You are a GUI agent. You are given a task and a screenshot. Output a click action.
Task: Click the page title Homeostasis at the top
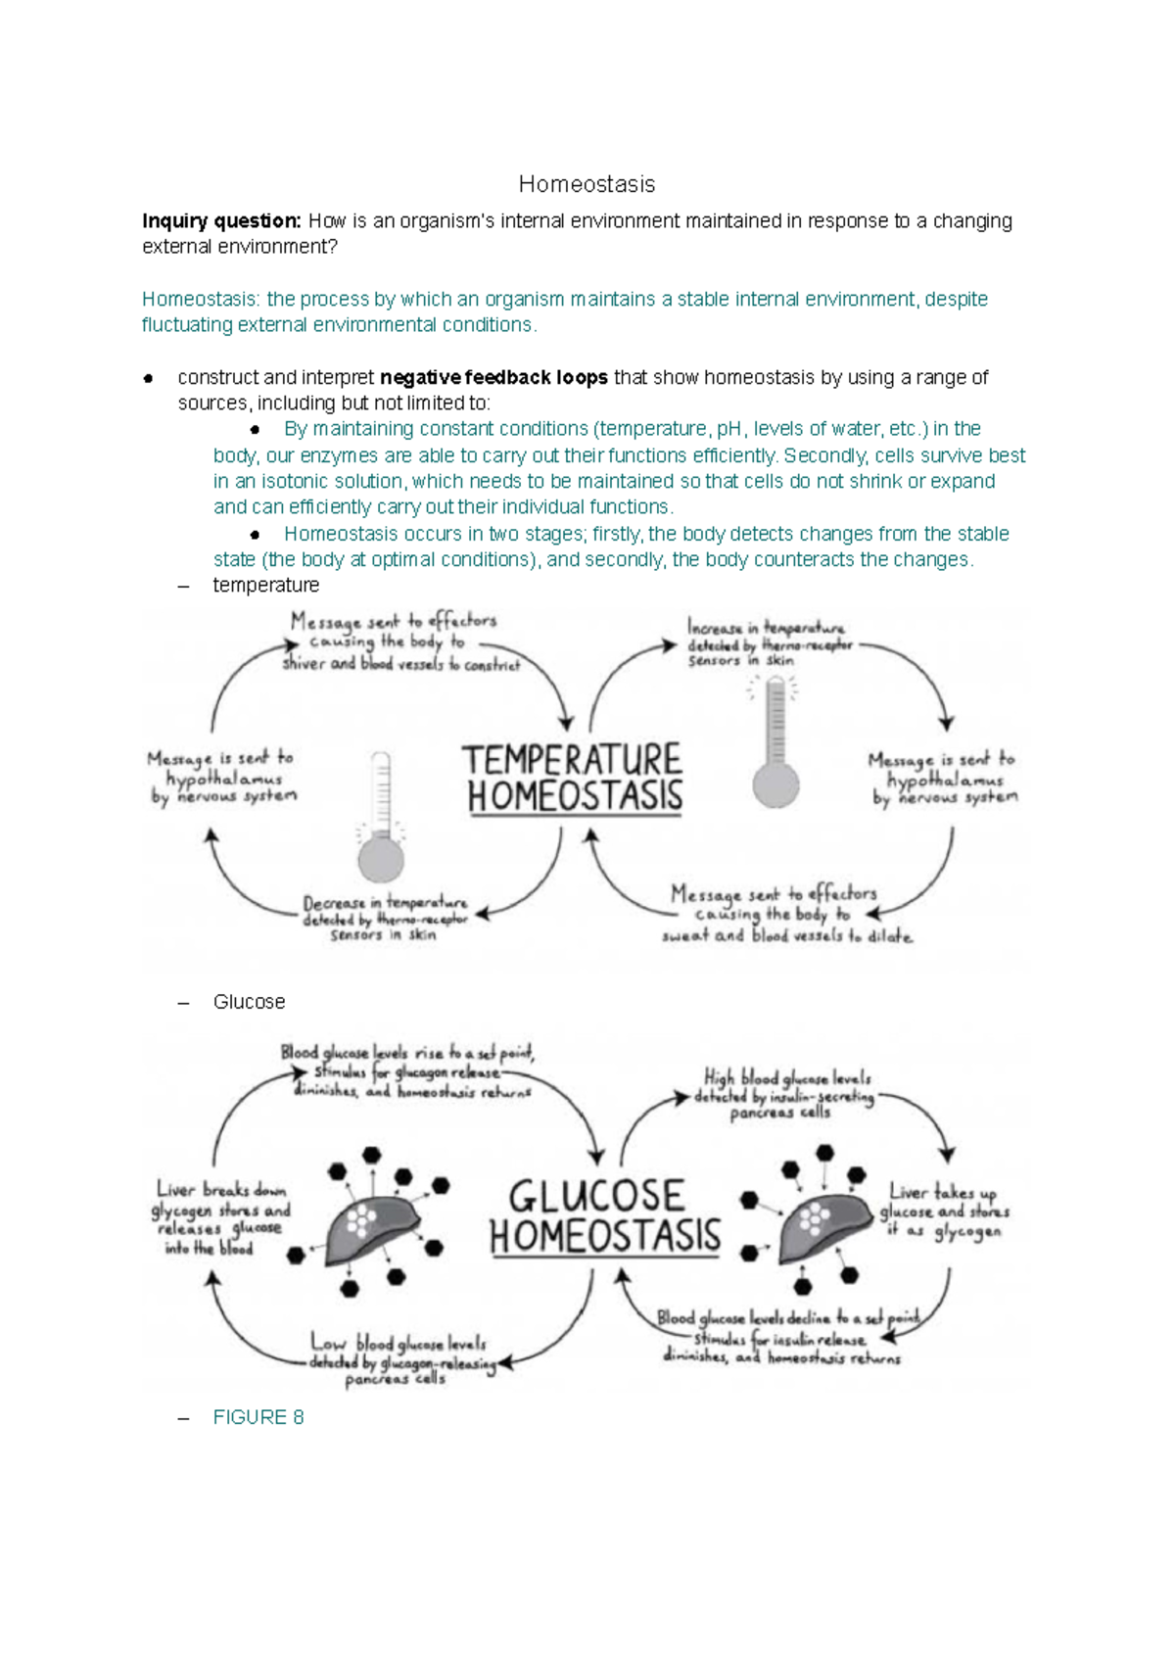pyautogui.click(x=587, y=184)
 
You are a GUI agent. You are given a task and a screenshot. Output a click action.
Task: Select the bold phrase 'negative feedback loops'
pyautogui.click(x=493, y=378)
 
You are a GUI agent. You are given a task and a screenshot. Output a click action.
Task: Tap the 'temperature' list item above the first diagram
pyautogui.click(x=266, y=586)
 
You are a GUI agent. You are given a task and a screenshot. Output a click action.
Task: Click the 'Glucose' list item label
pyautogui.click(x=249, y=1002)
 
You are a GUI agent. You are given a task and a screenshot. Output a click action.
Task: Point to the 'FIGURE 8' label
pyautogui.click(x=258, y=1417)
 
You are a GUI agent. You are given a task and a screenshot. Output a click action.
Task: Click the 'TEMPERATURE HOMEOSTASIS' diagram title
pyautogui.click(x=574, y=778)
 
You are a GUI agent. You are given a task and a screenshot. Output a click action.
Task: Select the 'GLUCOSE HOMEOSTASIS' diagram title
pyautogui.click(x=604, y=1215)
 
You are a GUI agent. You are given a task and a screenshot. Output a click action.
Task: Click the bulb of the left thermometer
pyautogui.click(x=381, y=859)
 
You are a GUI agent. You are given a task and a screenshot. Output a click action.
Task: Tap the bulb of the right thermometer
pyautogui.click(x=775, y=784)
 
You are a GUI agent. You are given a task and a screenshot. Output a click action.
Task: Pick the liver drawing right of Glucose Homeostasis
pyautogui.click(x=821, y=1223)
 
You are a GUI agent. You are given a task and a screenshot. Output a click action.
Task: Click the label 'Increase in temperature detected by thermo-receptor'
pyautogui.click(x=769, y=643)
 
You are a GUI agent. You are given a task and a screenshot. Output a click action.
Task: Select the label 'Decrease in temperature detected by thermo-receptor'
pyautogui.click(x=384, y=919)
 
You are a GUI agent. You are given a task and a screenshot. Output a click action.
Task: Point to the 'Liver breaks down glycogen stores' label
pyautogui.click(x=220, y=1218)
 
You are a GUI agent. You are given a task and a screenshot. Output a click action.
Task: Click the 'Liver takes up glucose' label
pyautogui.click(x=944, y=1212)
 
